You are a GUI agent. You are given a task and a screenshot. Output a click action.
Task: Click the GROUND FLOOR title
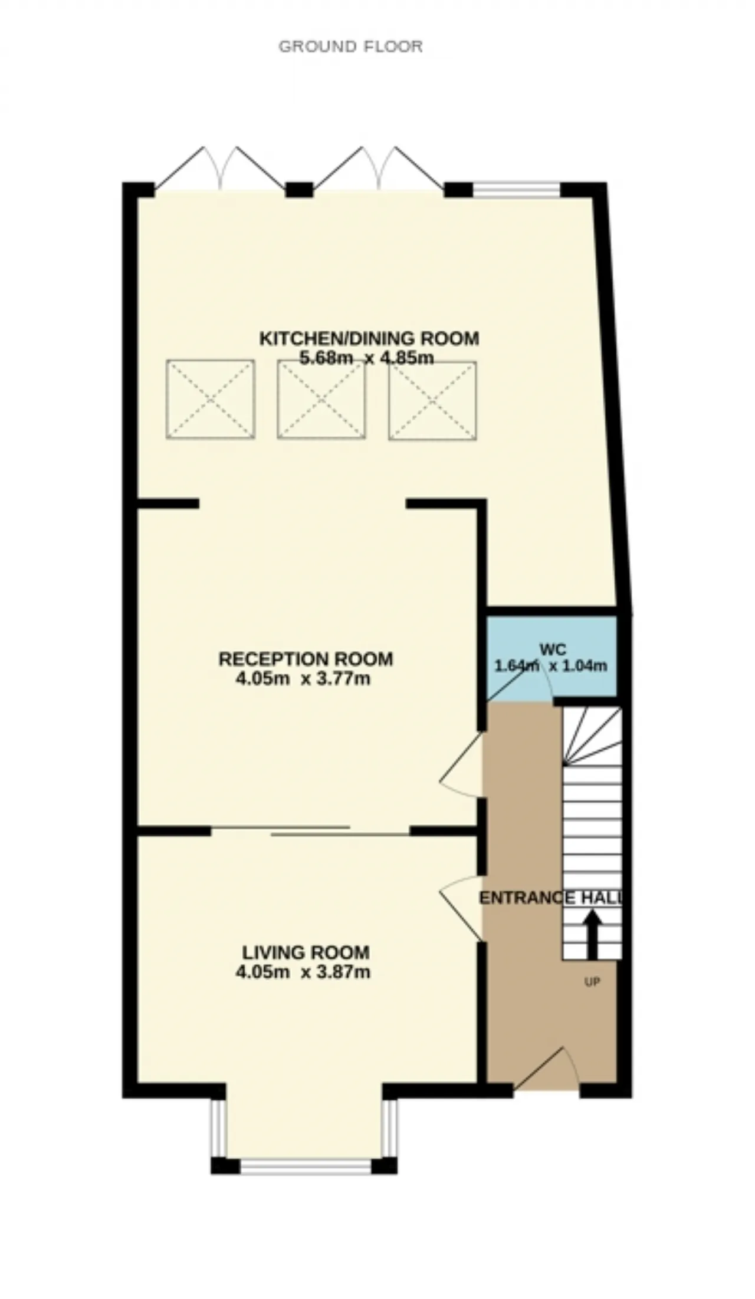coord(350,47)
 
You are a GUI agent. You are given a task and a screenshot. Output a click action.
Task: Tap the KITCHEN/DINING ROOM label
coord(369,338)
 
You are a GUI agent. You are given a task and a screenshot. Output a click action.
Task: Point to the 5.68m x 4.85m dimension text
coord(367,358)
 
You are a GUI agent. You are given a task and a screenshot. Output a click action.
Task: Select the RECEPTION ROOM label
coord(306,659)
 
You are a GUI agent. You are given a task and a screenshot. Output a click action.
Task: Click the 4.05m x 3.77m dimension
coord(303,678)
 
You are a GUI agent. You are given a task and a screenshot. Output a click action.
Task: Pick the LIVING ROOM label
coord(306,952)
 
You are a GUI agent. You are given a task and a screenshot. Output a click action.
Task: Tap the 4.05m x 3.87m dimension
coord(303,971)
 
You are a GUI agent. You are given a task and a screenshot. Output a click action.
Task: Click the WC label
coord(553,649)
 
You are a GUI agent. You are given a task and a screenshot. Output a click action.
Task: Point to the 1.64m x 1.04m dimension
coord(550,666)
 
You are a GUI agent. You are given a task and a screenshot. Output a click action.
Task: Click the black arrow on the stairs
coord(592,934)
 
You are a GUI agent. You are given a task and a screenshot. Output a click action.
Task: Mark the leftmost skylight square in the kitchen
coord(211,399)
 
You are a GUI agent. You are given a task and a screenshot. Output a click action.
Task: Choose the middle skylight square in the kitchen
coord(321,399)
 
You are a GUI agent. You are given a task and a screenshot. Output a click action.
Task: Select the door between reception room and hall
coord(462,765)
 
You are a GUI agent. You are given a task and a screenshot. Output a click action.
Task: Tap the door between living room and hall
coord(462,908)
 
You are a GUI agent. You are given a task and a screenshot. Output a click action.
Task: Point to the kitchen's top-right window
coord(516,190)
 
